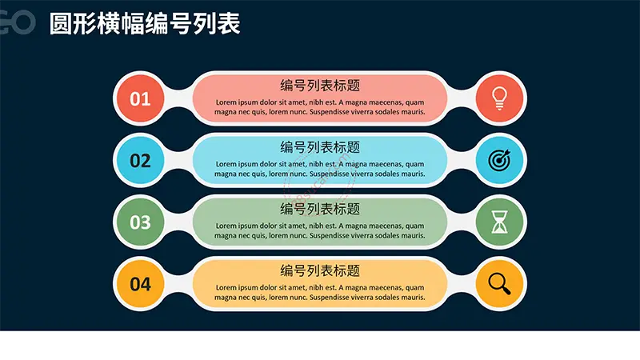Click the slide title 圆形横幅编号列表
(x=145, y=23)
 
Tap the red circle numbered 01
(x=141, y=98)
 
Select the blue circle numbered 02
(x=141, y=160)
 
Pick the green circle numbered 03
(x=141, y=222)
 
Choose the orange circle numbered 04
(x=141, y=284)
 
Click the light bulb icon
(x=499, y=98)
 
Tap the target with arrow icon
(x=499, y=160)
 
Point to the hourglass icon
(x=499, y=222)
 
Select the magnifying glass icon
(x=499, y=284)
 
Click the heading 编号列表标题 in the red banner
(x=320, y=86)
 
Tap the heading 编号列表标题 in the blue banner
(x=320, y=147)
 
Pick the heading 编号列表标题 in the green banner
(x=320, y=209)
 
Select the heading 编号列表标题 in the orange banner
(x=320, y=270)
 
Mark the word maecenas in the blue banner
(x=386, y=164)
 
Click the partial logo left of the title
(x=17, y=22)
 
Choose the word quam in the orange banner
(x=414, y=288)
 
